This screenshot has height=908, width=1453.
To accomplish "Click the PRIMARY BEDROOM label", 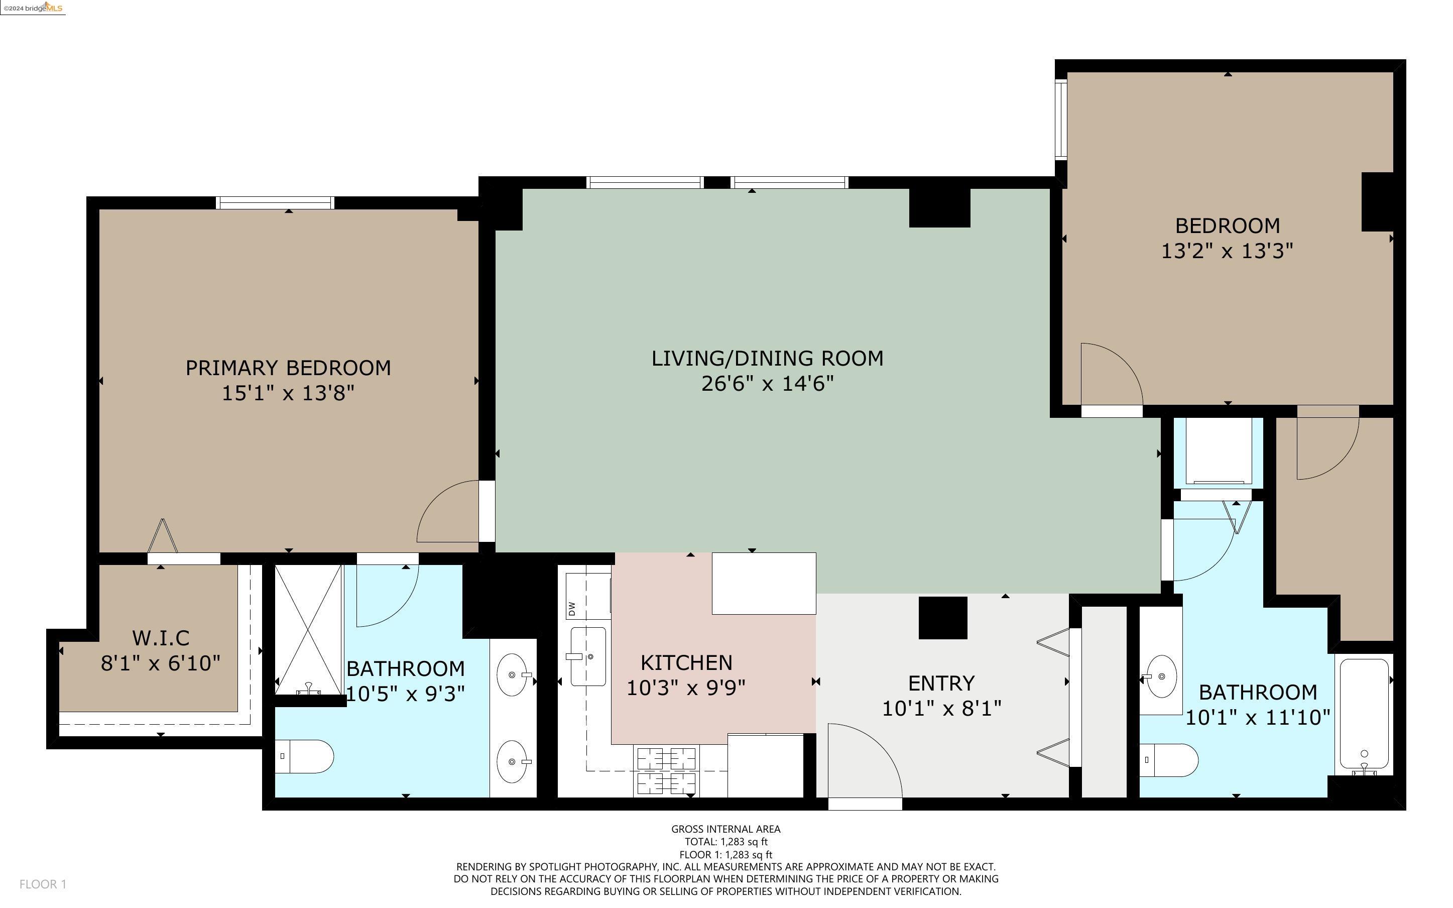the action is pos(288,368).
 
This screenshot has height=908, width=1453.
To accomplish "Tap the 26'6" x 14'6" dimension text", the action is pos(768,383).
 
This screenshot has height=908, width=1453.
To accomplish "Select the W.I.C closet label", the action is pos(161,637).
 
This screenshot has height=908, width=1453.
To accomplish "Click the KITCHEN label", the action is pos(687,662).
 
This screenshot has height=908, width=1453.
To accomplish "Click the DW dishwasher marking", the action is pos(571,608).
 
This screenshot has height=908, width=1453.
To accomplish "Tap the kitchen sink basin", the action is pos(587,656).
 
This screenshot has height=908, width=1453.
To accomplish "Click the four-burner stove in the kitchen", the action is pos(666,770).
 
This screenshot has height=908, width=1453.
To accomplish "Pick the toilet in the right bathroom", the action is pos(1168,760).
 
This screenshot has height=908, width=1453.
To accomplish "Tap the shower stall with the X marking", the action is pos(308,630).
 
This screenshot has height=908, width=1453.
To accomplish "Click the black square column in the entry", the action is pos(943,618).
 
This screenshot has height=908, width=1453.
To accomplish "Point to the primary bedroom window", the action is pos(275,202).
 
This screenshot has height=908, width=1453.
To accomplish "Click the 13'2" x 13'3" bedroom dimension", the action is pos(1228,251).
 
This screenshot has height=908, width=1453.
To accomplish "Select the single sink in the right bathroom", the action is pos(1162,676).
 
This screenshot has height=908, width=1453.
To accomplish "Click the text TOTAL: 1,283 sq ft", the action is pos(726,842).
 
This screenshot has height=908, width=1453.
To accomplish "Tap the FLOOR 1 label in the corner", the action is pos(43,884).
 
